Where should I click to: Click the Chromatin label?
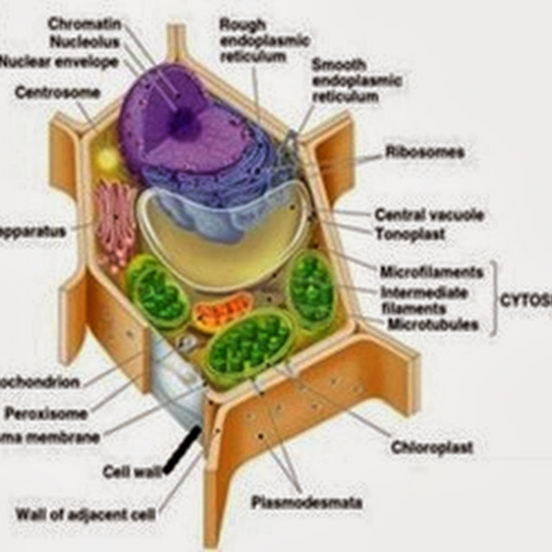click(84, 24)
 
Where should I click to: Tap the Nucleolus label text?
click(85, 42)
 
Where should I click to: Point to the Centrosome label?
click(58, 92)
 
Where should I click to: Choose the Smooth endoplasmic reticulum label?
click(356, 81)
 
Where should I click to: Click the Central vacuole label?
click(428, 215)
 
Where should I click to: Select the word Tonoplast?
click(410, 233)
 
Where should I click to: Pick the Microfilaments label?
click(431, 271)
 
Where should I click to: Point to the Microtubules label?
click(433, 324)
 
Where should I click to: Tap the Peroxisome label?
click(46, 414)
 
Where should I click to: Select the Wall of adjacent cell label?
click(86, 514)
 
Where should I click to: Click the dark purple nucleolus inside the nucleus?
click(182, 123)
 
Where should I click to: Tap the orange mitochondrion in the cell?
click(222, 311)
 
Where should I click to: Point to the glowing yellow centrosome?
click(108, 160)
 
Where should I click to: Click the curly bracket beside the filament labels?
click(493, 298)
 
